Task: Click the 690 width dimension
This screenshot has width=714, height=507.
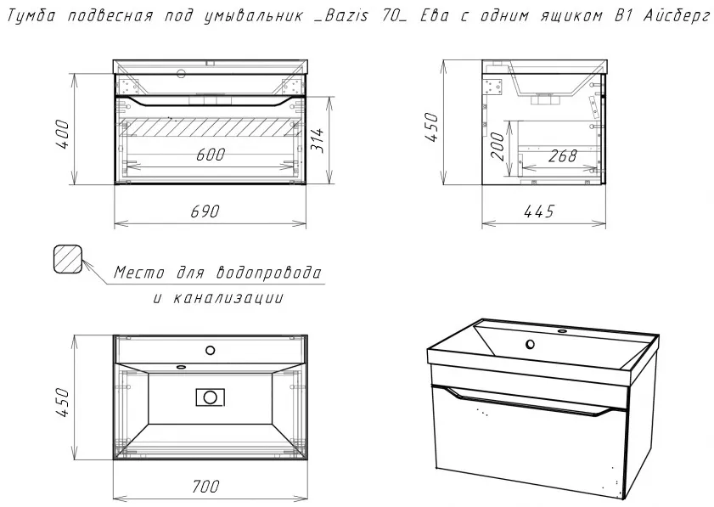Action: pos(205,211)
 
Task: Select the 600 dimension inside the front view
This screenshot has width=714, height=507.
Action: pos(211,155)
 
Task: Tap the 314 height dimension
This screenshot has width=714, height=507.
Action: pos(317,141)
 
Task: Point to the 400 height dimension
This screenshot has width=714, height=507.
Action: pos(62,135)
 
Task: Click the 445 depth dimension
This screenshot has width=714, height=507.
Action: pos(539,211)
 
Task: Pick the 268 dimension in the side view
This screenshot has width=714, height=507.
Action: pos(562,155)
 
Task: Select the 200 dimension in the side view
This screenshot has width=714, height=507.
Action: pos(498,147)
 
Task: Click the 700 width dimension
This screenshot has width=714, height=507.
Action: pos(205,487)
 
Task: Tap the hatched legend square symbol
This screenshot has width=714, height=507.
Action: pos(68,259)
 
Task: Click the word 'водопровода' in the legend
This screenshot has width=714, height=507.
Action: pos(268,273)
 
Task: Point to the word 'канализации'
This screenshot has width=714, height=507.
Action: pos(228,298)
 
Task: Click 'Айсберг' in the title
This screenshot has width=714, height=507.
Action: pos(677,16)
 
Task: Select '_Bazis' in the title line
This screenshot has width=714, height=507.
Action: pos(340,16)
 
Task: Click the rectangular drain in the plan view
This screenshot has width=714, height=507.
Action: pos(210,397)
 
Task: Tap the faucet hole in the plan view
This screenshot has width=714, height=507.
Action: pos(210,350)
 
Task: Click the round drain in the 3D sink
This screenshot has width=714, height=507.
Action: pos(530,344)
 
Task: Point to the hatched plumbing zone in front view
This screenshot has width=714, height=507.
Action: pos(211,127)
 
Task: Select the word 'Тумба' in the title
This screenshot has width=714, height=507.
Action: pos(32,16)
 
